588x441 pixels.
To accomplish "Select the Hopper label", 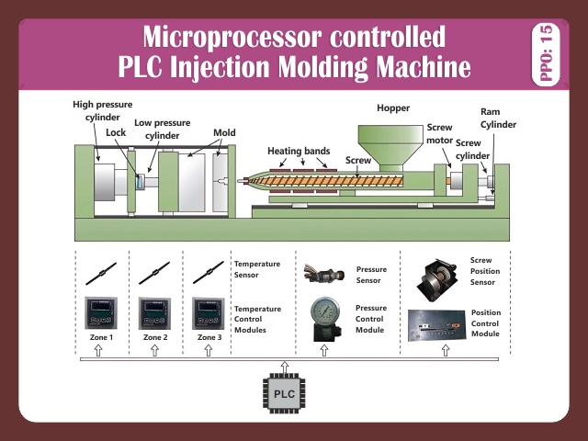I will [393, 108].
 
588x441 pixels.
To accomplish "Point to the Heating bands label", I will [297, 150].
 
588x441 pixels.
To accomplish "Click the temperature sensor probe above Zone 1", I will [100, 273].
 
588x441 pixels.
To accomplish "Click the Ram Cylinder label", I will [498, 118].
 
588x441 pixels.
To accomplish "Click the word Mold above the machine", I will [224, 132].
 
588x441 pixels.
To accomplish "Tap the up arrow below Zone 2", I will [155, 350].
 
